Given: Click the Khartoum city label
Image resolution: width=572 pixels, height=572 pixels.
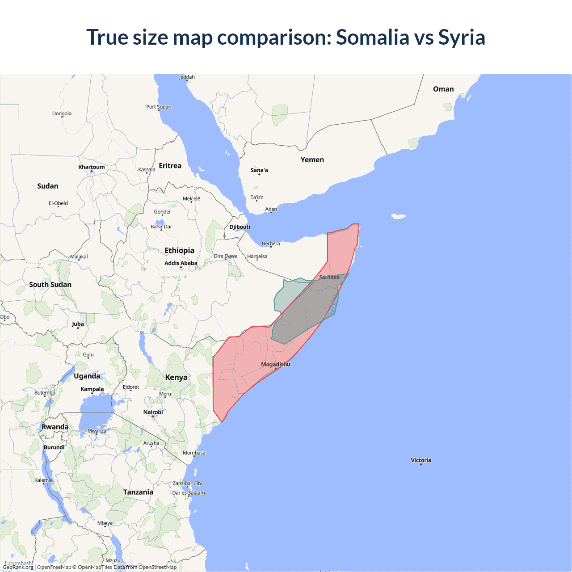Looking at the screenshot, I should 92,167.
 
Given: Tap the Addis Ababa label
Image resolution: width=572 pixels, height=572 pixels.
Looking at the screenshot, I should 181,263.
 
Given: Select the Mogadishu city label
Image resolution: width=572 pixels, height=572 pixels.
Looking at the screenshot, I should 275,364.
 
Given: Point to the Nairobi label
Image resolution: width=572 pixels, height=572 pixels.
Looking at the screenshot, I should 153,412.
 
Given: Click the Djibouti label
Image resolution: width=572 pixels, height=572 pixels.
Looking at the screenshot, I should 240,227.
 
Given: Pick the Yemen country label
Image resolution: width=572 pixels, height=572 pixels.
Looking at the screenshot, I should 312,160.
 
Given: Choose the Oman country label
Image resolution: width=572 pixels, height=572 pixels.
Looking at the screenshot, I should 443,89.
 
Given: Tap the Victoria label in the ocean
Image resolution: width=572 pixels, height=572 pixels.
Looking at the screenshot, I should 421,460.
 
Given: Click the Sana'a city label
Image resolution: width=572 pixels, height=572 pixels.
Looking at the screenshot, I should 259,170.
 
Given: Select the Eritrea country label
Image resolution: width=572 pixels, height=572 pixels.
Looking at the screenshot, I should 170,166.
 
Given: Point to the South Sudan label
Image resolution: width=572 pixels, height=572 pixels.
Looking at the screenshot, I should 50,285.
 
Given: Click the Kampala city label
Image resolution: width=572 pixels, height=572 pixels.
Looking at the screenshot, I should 92,389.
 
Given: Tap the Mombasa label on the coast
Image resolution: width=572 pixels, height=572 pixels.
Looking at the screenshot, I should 194,453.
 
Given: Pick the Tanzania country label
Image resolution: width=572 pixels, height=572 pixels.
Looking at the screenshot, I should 138,492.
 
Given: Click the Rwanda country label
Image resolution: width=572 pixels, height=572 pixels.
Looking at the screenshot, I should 55,427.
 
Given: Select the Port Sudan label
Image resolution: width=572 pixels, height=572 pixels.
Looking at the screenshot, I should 159,107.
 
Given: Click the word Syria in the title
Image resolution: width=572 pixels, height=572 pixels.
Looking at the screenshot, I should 462,37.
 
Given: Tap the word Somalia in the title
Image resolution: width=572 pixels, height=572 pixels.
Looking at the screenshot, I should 372,37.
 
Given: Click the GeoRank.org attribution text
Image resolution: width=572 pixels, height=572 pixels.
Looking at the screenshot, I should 18,567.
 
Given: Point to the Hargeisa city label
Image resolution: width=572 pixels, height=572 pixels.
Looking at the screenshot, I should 257,257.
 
